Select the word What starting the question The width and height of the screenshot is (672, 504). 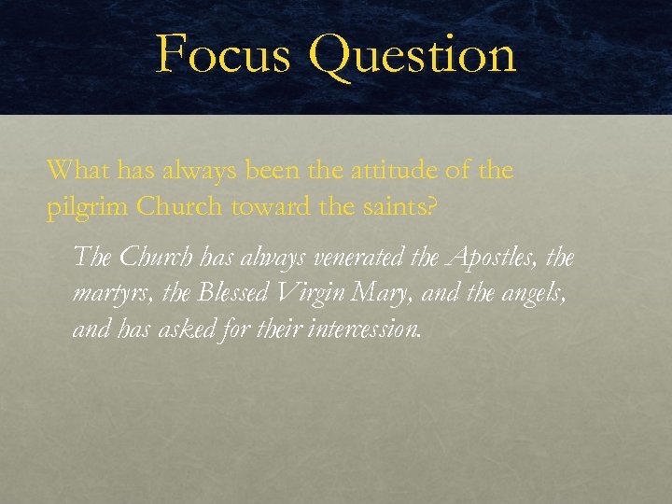tap(76, 171)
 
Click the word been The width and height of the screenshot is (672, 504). tap(271, 171)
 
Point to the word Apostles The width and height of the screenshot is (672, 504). tap(493, 256)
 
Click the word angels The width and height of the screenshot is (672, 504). tap(535, 294)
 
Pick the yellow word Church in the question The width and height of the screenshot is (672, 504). tap(175, 207)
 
